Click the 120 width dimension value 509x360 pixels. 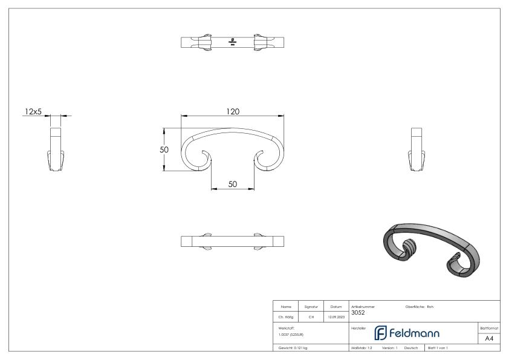click(233, 111)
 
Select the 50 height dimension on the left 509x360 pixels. click(164, 149)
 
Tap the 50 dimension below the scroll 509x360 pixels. click(233, 185)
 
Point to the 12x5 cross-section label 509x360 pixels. click(33, 111)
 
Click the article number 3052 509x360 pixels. click(358, 313)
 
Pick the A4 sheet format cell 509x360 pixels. click(489, 338)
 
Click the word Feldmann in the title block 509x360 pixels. click(414, 333)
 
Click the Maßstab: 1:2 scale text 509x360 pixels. click(361, 348)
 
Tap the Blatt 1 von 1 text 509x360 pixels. click(437, 348)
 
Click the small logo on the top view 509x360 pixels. click(233, 42)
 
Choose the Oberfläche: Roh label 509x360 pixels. click(419, 307)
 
